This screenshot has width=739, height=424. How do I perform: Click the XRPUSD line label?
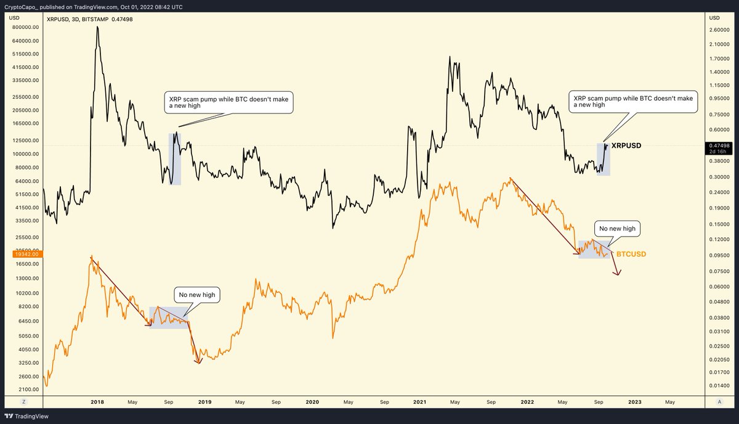626,146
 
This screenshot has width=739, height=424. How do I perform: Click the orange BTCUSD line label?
631,254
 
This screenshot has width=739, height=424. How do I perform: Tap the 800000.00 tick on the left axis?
23,28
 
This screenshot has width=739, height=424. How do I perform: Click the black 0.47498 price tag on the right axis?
718,146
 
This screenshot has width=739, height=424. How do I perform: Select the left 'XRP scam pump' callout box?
228,102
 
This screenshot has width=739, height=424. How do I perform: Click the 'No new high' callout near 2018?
197,295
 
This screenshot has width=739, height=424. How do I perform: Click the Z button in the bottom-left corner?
22,401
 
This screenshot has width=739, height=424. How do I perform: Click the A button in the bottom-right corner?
719,401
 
